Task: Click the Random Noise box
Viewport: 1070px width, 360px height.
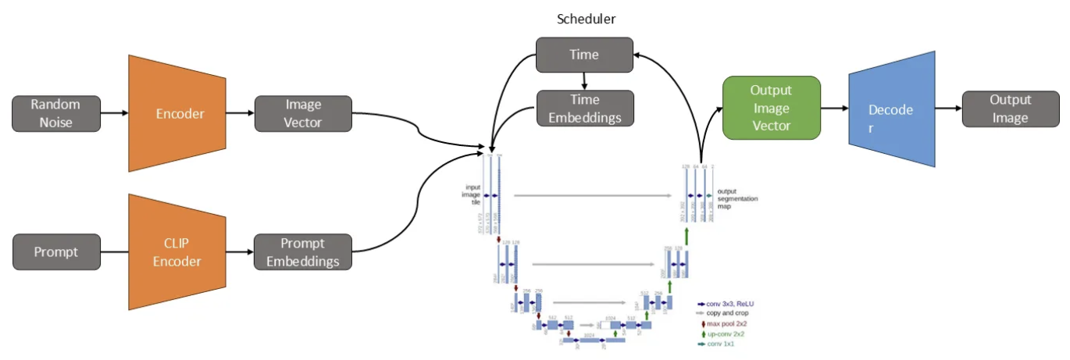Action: (56, 113)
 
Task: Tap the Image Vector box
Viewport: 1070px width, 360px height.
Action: (303, 113)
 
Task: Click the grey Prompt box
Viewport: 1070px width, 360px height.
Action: (56, 251)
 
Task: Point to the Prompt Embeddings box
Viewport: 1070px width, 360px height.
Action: (303, 251)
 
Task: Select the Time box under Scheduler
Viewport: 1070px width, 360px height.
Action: (583, 55)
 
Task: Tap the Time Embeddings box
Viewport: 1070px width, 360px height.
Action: (583, 109)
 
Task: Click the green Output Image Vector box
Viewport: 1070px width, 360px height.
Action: (771, 108)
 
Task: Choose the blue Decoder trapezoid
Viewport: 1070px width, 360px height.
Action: (891, 109)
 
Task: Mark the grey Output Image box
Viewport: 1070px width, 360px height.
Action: (1010, 109)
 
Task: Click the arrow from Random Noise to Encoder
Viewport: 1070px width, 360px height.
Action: (114, 113)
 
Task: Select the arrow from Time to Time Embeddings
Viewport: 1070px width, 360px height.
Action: (584, 80)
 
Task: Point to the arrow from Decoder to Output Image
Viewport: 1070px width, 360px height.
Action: (948, 109)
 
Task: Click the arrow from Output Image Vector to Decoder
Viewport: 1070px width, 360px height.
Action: (835, 109)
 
